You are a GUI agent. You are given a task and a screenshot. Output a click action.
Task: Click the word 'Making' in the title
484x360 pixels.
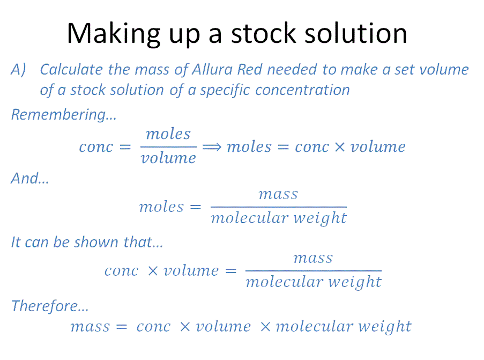click(x=114, y=34)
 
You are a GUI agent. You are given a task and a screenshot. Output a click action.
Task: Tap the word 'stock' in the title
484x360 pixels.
click(x=264, y=33)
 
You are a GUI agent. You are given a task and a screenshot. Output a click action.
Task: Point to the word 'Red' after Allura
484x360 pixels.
click(x=250, y=69)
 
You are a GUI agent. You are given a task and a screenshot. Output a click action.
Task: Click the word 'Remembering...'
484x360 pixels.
click(x=64, y=114)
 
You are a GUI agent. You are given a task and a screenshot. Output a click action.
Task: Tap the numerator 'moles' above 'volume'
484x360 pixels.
click(x=168, y=134)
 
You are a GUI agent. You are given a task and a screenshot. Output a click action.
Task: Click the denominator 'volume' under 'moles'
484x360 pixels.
click(x=168, y=158)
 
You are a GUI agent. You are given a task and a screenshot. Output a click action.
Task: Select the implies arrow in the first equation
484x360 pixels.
click(x=212, y=147)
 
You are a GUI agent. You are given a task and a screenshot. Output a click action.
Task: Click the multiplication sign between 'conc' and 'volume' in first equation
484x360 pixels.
click(x=339, y=147)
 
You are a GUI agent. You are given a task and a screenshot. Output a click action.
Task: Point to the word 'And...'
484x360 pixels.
click(x=30, y=178)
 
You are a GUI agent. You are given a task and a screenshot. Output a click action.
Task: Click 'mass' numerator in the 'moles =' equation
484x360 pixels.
click(x=278, y=194)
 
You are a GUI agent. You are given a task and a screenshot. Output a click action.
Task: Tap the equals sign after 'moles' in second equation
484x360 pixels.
click(x=196, y=207)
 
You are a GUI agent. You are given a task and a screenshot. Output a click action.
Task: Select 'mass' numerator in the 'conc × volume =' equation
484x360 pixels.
click(x=314, y=258)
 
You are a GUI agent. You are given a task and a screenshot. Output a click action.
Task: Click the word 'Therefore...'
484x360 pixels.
click(x=50, y=306)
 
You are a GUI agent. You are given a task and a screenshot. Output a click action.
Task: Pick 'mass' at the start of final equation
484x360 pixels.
click(x=90, y=327)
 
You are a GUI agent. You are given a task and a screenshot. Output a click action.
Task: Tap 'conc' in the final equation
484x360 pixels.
click(x=153, y=327)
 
